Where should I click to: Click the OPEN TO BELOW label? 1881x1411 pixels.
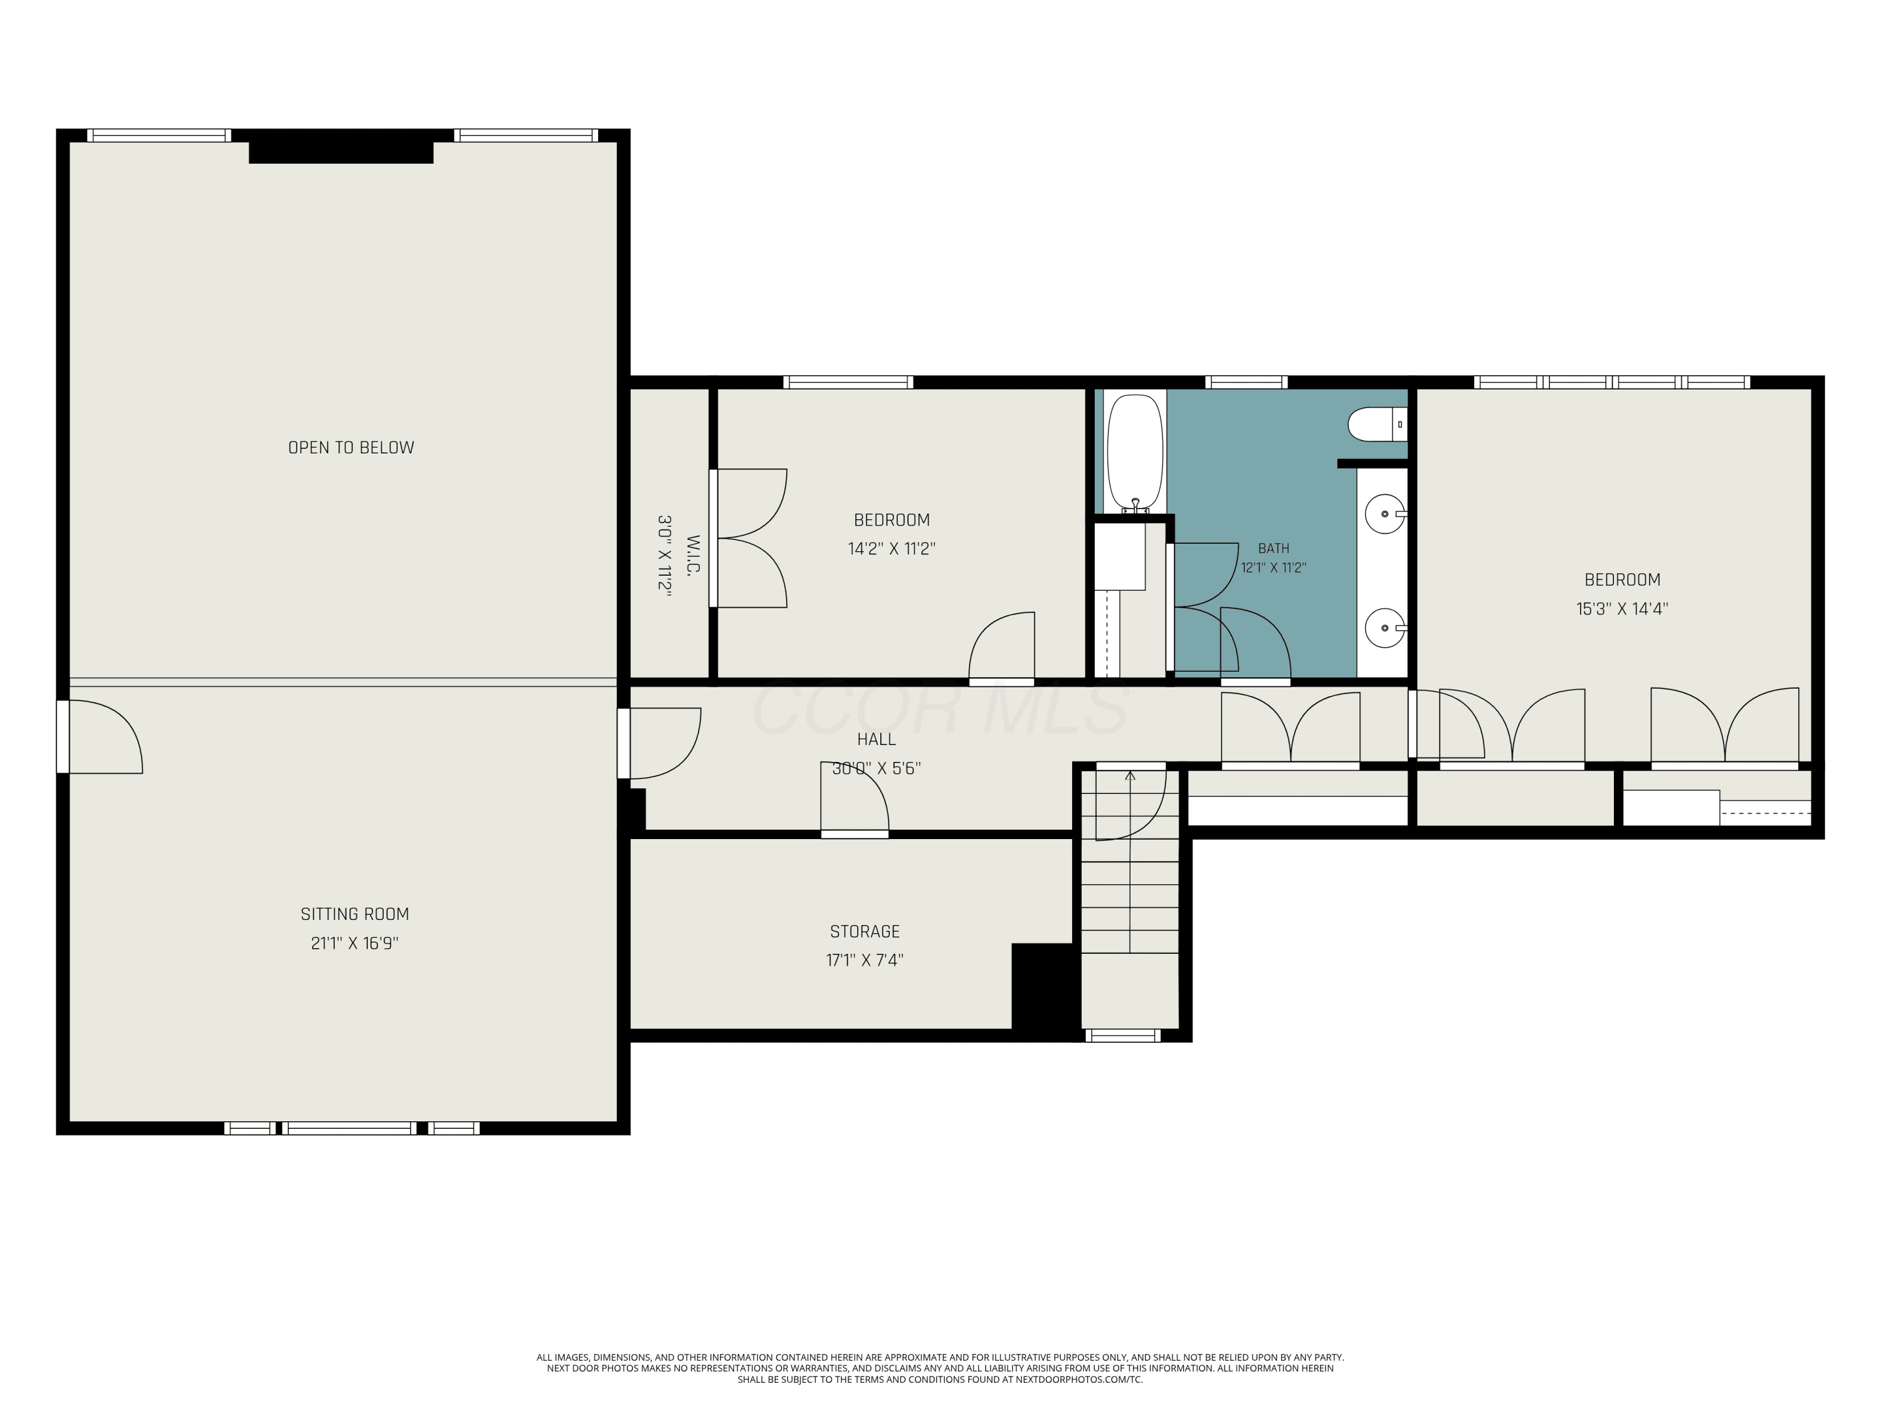(351, 447)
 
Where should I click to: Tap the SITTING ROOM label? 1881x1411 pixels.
(355, 914)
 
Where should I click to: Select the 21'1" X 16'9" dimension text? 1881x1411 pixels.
(355, 943)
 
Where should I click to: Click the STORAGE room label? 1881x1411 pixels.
(865, 931)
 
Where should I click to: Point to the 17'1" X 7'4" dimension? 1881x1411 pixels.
(865, 960)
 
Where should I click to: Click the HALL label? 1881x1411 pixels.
(876, 739)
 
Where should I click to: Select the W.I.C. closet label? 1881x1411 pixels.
(693, 554)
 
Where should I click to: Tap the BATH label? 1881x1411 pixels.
(1274, 549)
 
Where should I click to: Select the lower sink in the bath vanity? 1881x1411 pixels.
(1385, 628)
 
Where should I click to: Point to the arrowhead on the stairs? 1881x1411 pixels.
(1130, 776)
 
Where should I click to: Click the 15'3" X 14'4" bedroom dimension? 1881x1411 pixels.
(1623, 608)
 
